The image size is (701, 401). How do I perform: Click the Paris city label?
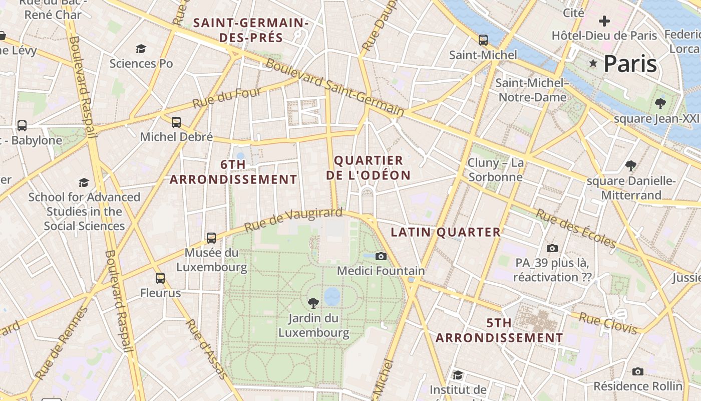[x=630, y=64]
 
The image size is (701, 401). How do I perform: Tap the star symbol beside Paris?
[x=593, y=64]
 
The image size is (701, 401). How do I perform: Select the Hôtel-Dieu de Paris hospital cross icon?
[x=604, y=21]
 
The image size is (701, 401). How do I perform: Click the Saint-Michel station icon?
[x=483, y=40]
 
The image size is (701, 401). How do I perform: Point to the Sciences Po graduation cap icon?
[x=141, y=49]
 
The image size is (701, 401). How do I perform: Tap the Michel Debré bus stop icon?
[x=176, y=122]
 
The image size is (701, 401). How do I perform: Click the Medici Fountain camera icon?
[x=381, y=256]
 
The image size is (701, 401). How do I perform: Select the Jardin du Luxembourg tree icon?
[x=313, y=303]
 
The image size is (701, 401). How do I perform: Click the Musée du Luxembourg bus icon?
[x=211, y=238]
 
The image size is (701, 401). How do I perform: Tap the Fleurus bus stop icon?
[x=160, y=278]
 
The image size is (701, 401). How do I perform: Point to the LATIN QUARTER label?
[x=446, y=232]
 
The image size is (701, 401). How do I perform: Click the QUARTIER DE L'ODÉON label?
[x=368, y=168]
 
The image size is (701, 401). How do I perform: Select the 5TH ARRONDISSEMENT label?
[x=499, y=330]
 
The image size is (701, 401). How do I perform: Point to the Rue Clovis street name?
[x=608, y=323]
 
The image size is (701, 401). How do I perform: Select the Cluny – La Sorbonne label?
[x=496, y=170]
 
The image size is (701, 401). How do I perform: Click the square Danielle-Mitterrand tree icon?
[x=631, y=165]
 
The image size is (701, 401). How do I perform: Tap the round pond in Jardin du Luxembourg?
[x=332, y=296]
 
